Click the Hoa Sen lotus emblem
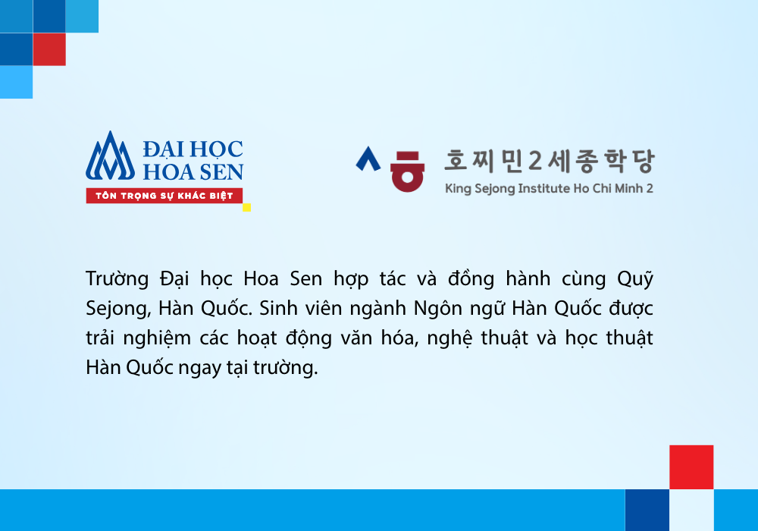tap(110, 157)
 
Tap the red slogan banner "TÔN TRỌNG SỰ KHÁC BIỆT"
tap(164, 196)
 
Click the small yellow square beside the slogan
tap(246, 207)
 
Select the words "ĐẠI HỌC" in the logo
tap(193, 149)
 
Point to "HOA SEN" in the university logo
tap(193, 171)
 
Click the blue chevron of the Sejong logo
tap(368, 159)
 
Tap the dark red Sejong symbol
tap(408, 171)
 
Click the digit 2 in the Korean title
tap(534, 161)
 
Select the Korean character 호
tap(456, 160)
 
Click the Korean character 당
tap(644, 161)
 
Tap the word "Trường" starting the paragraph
tap(117, 278)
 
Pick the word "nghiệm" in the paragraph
tap(157, 338)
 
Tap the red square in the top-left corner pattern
tap(49, 49)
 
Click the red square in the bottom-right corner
tap(691, 467)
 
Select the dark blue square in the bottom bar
tap(647, 511)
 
